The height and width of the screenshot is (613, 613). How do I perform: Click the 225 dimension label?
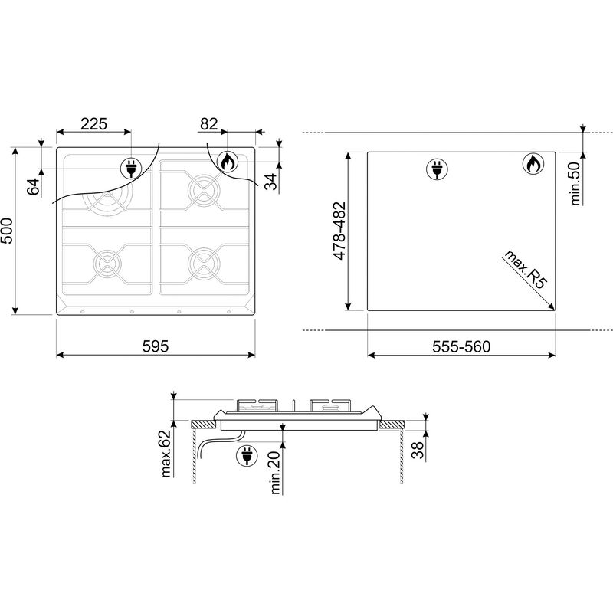(x=93, y=124)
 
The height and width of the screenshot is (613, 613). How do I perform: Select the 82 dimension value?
(x=208, y=124)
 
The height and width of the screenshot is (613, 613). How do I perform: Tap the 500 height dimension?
(x=7, y=231)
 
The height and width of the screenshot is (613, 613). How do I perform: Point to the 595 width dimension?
(x=156, y=346)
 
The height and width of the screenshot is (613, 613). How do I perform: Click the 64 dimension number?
(x=34, y=186)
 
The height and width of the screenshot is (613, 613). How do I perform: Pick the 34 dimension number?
(x=270, y=181)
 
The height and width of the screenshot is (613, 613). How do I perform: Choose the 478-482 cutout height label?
(x=339, y=231)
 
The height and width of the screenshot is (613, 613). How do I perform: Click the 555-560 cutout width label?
(x=461, y=346)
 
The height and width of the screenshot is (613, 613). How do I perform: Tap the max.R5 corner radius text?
(x=526, y=270)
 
